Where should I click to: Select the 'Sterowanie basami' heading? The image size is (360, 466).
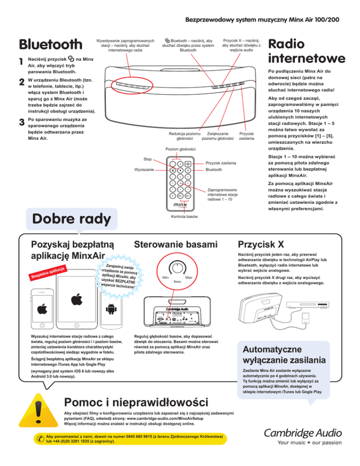coord(171,244)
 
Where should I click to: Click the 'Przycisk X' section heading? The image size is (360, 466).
coord(261,244)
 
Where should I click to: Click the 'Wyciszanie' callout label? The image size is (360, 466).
coord(144,169)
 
